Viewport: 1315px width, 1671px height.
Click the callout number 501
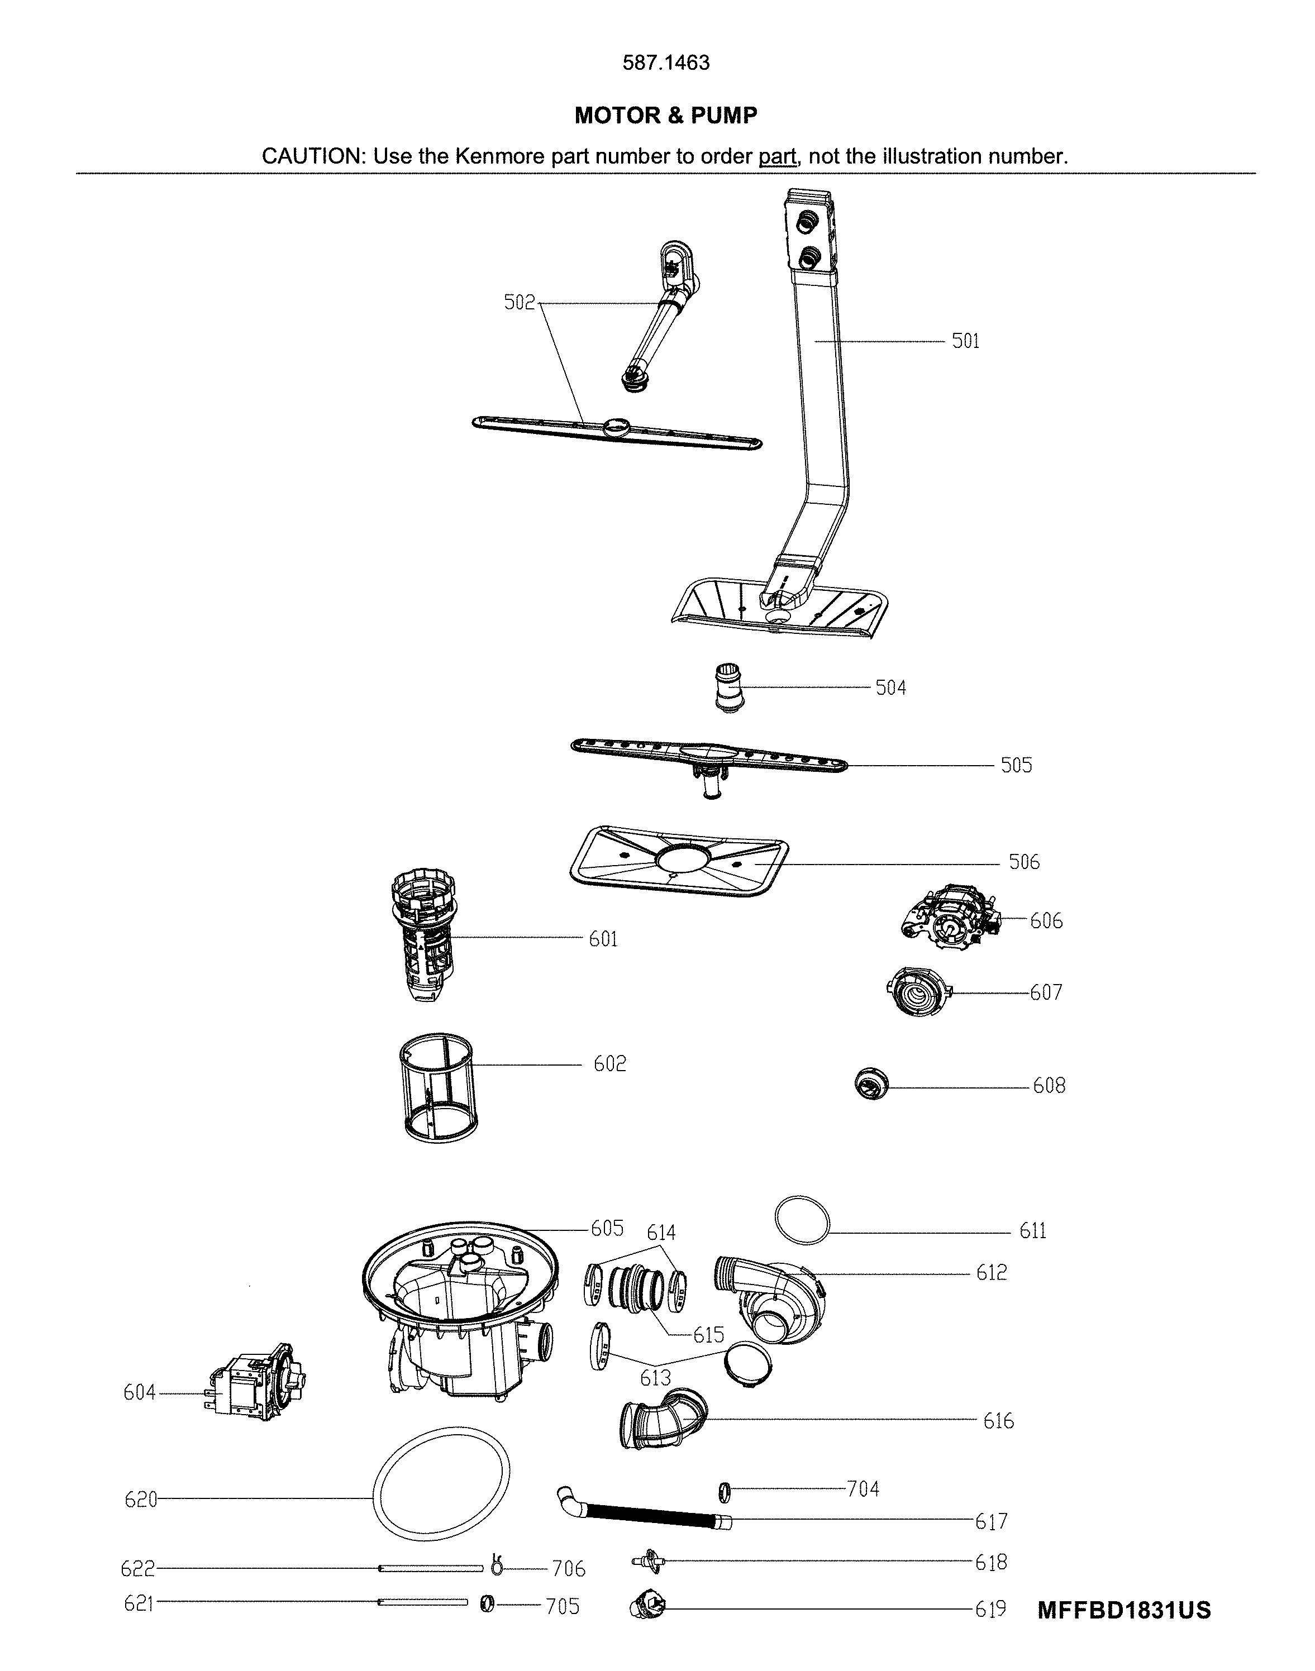point(965,341)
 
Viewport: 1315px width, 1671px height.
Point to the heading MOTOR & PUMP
point(666,116)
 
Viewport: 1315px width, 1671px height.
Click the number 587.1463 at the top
point(666,63)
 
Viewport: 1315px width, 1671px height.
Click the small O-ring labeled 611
point(802,1219)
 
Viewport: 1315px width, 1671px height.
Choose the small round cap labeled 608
point(871,1085)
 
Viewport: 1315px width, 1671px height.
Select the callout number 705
point(562,1606)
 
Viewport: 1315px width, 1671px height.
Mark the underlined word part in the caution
point(777,157)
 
